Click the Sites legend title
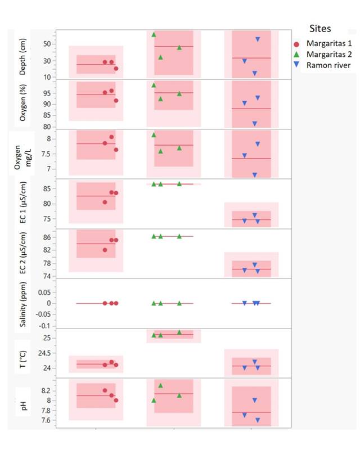[x=319, y=28]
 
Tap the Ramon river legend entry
[x=328, y=66]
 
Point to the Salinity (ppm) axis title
[x=22, y=303]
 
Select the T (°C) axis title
[x=22, y=353]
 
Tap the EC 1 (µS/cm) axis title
[x=22, y=204]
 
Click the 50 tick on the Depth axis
[x=47, y=44]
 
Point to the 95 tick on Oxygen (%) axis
[x=47, y=93]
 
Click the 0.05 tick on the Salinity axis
[x=44, y=292]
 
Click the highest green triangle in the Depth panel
[x=154, y=35]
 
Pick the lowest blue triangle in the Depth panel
[x=254, y=73]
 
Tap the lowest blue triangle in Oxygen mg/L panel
[x=254, y=175]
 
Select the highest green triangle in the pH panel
[x=160, y=385]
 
